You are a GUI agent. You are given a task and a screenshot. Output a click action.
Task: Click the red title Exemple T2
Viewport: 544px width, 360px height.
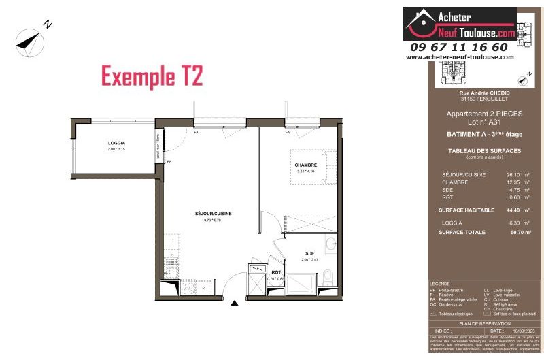click(152, 76)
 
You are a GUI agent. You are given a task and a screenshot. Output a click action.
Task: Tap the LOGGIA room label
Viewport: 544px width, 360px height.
click(116, 143)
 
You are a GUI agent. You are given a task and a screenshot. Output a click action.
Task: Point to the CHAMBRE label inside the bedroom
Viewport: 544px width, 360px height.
click(305, 165)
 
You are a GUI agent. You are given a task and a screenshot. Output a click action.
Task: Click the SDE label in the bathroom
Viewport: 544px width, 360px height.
click(309, 254)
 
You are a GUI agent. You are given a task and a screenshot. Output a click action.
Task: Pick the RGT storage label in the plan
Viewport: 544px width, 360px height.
click(275, 272)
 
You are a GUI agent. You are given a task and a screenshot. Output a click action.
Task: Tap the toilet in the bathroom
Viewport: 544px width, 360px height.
click(328, 275)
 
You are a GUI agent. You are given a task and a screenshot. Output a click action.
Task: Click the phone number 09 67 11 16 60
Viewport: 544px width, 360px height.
click(459, 47)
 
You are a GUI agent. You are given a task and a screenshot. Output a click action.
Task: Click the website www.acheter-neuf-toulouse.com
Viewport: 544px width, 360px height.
click(460, 57)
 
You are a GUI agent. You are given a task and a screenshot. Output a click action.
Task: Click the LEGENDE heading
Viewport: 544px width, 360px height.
click(440, 284)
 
